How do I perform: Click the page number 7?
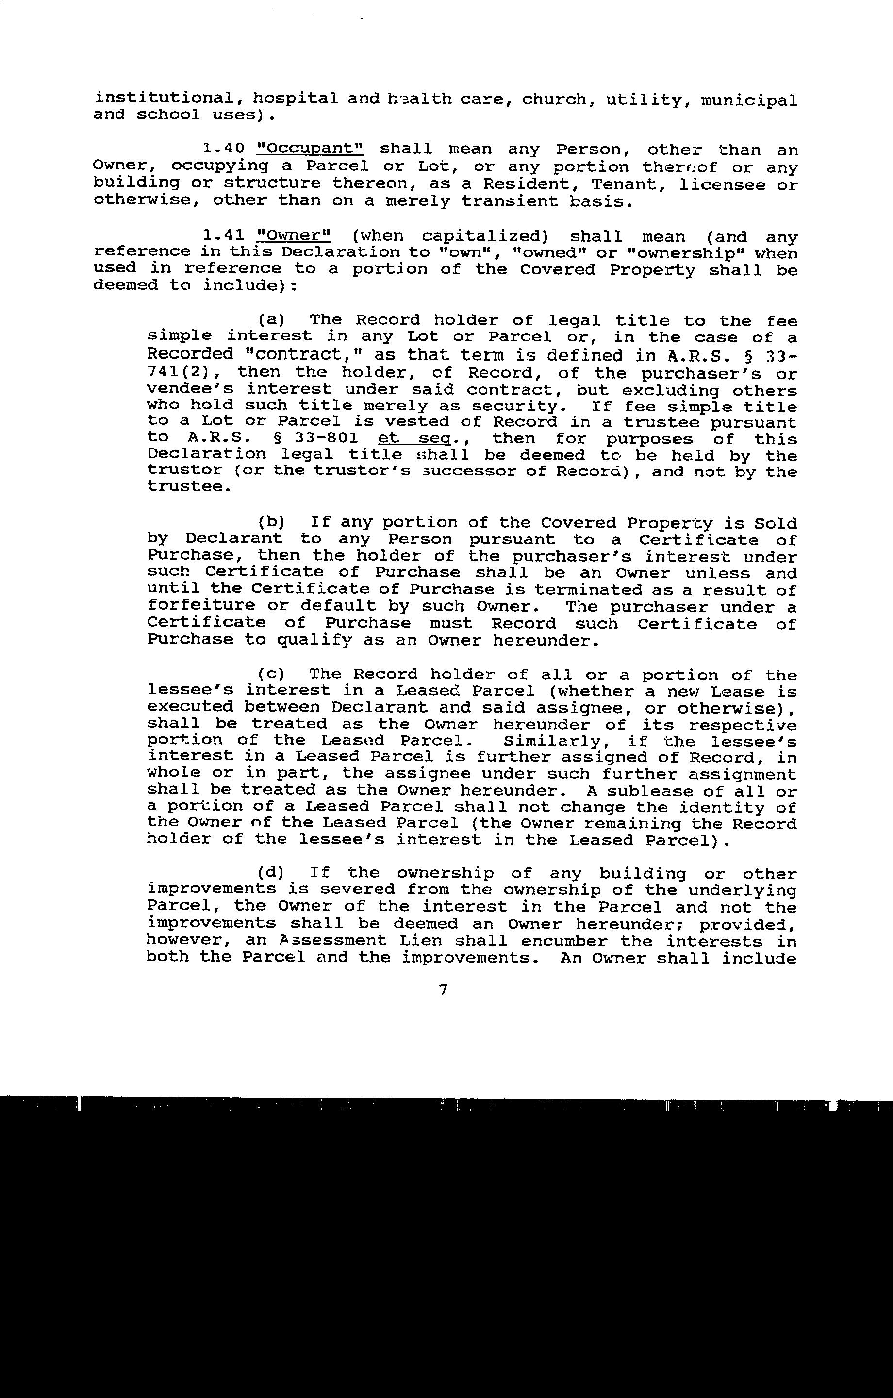coord(444,990)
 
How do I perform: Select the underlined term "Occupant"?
coord(310,149)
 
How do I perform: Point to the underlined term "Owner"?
coord(294,236)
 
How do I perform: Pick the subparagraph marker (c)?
coord(271,675)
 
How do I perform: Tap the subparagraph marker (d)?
coord(271,873)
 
